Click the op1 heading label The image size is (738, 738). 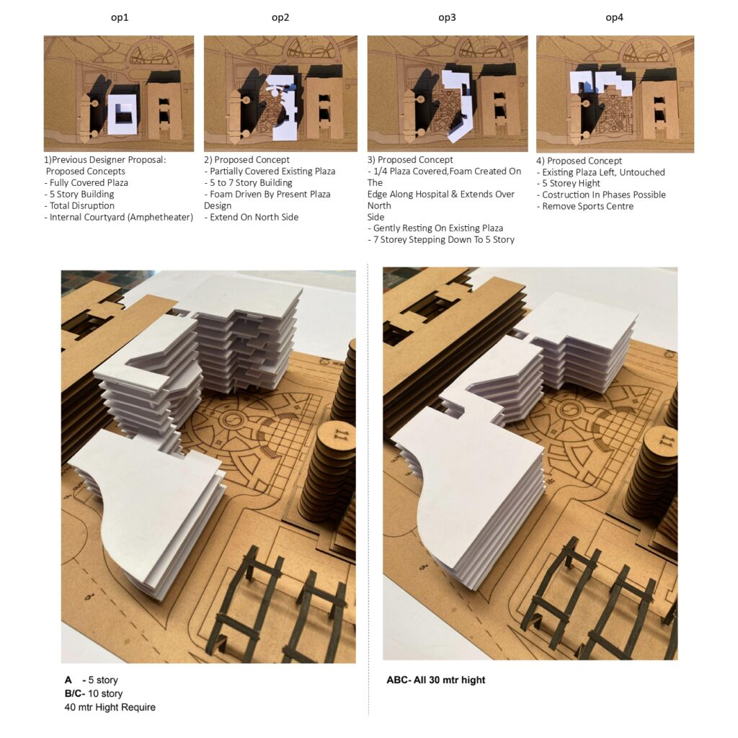coord(120,17)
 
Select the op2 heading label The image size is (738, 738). coord(280,17)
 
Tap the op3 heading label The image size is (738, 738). coord(447,17)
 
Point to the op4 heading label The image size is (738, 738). coord(614,17)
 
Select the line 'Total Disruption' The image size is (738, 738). coord(79,205)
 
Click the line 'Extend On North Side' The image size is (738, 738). coord(252,217)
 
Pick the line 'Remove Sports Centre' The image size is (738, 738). coord(585,206)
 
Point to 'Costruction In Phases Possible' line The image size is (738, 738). coord(601,195)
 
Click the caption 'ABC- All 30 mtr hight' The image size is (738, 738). coord(436,680)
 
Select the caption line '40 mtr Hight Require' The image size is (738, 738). coord(110,708)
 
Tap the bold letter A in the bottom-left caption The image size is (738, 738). coord(68,680)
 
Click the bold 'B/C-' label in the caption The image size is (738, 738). coord(75,694)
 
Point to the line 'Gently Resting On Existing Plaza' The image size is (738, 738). coord(435,228)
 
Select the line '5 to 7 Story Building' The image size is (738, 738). coord(248,182)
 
